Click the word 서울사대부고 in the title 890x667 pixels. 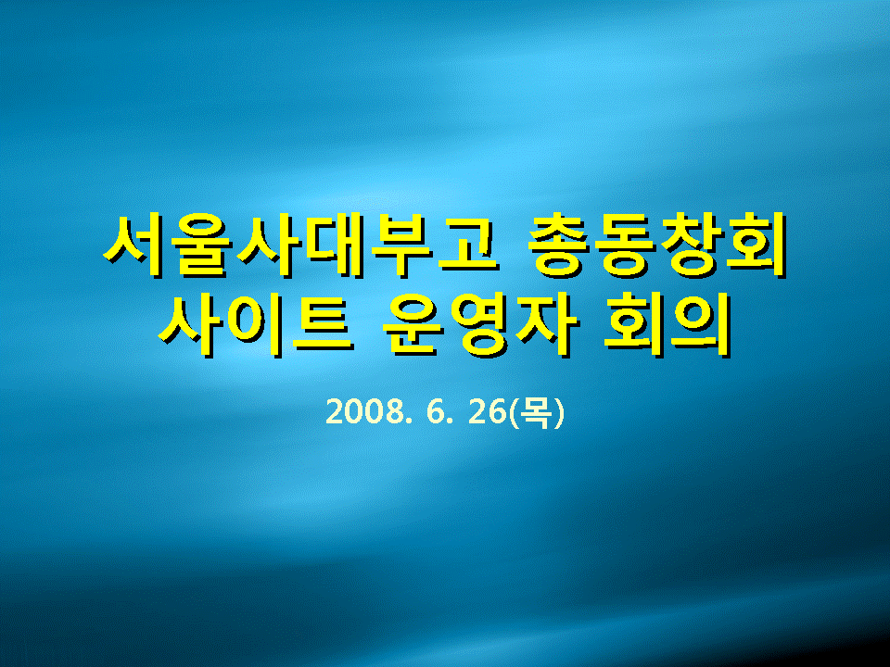pyautogui.click(x=299, y=245)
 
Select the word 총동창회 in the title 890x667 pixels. pyautogui.click(x=657, y=245)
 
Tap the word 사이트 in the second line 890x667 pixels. pyautogui.click(x=257, y=325)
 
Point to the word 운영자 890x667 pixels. pyautogui.click(x=480, y=325)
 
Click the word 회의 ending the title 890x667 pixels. pyautogui.click(x=667, y=325)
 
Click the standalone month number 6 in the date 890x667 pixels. pyautogui.click(x=433, y=412)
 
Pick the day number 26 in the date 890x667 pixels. pyautogui.click(x=487, y=412)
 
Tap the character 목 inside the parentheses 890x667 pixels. pyautogui.click(x=536, y=413)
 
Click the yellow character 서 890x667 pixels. pyautogui.click(x=135, y=245)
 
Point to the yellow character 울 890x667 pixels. pyautogui.click(x=201, y=245)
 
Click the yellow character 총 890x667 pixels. pyautogui.click(x=560, y=245)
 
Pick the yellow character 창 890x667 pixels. pyautogui.click(x=691, y=245)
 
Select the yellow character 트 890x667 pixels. pyautogui.click(x=324, y=325)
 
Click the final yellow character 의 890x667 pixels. pyautogui.click(x=699, y=325)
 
